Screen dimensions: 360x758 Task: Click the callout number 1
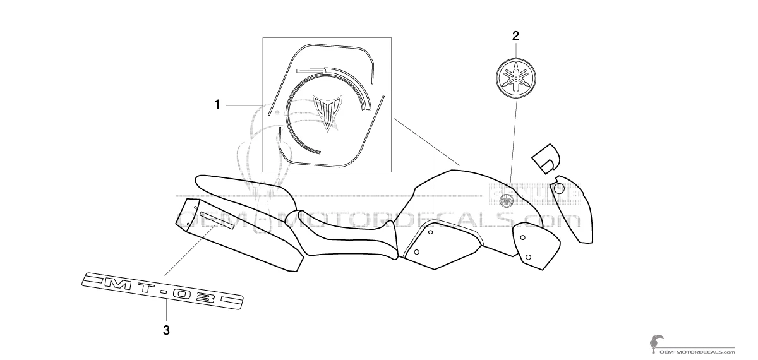[218, 105]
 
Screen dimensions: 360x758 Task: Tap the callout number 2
[515, 35]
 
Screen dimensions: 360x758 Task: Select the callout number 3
[166, 330]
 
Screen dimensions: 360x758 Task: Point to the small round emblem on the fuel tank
[505, 201]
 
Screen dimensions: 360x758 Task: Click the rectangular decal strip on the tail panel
[217, 221]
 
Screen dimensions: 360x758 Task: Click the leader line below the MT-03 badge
[166, 311]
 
